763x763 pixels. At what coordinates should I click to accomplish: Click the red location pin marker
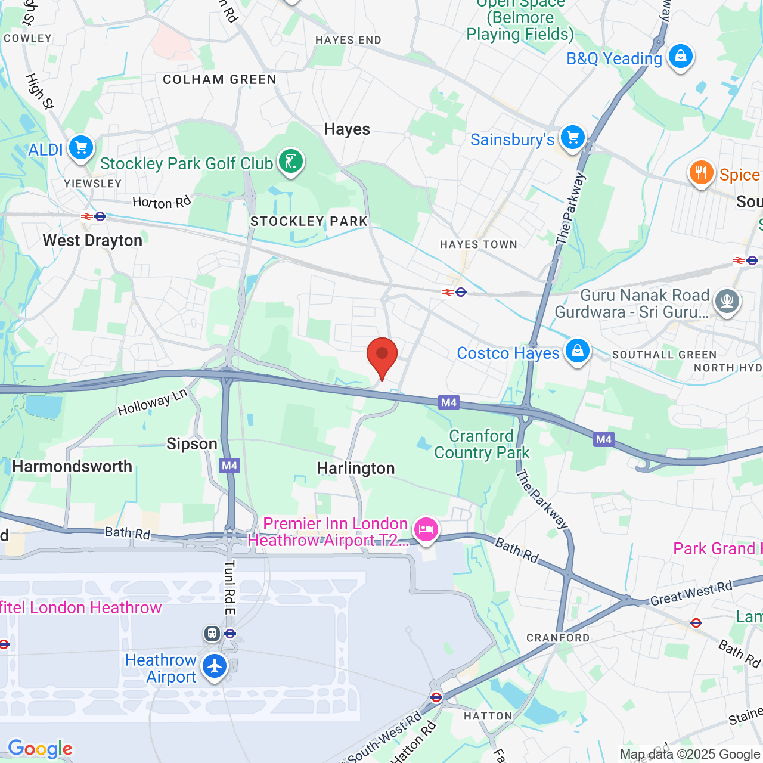[382, 356]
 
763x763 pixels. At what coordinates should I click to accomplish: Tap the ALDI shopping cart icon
[81, 147]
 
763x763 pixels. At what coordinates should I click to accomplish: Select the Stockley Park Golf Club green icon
[291, 162]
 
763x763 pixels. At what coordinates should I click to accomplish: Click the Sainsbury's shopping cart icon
[573, 138]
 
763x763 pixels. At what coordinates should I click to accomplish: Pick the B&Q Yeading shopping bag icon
[680, 57]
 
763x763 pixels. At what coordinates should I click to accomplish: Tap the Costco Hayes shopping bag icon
[578, 351]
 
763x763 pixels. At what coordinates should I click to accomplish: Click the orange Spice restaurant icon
[701, 173]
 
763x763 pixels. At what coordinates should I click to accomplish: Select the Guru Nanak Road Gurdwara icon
[727, 301]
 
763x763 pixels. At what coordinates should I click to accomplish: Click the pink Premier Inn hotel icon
[426, 529]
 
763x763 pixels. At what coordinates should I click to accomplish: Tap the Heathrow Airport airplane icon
[215, 666]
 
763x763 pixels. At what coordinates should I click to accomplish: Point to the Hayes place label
[347, 129]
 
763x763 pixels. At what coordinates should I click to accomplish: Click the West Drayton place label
[92, 241]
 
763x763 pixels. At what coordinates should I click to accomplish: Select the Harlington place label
[356, 469]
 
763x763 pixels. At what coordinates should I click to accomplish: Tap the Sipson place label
[191, 444]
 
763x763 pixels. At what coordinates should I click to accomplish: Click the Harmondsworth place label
[72, 466]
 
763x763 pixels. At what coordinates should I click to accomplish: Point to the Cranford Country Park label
[482, 445]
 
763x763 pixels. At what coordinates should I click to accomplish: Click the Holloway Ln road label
[153, 402]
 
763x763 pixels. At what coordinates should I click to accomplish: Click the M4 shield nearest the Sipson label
[229, 466]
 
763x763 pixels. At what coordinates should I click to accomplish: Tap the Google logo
[40, 749]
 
